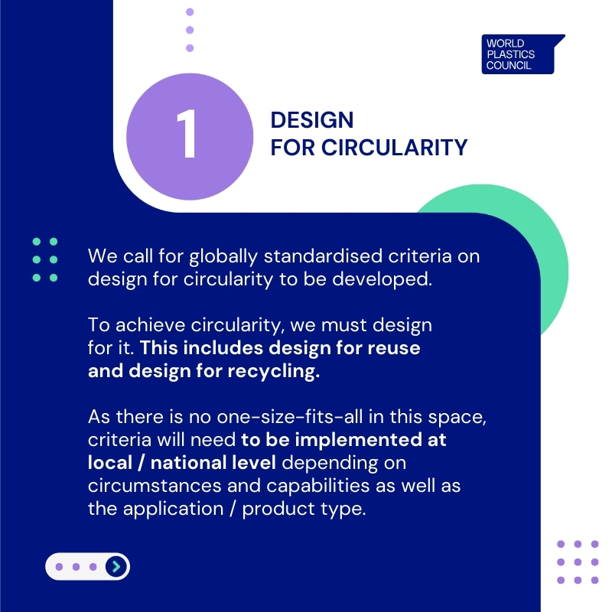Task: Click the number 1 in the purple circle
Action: pos(187,135)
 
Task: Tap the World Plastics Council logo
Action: pos(520,54)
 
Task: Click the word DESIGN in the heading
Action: pos(312,120)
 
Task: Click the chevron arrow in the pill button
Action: pos(116,566)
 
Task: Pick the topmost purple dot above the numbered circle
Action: pos(190,12)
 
